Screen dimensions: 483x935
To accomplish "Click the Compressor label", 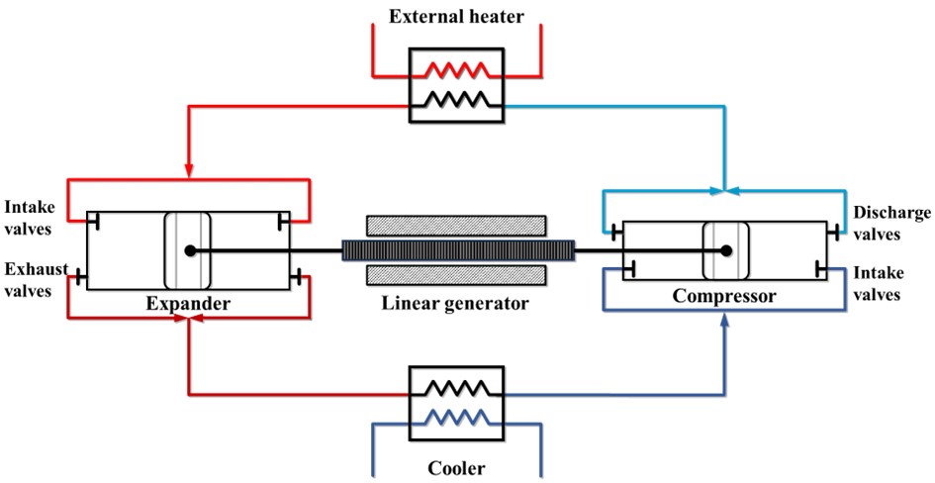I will (725, 296).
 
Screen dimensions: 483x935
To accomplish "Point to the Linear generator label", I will (455, 301).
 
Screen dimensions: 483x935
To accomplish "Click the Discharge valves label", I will (889, 223).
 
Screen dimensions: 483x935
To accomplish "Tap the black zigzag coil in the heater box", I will (455, 98).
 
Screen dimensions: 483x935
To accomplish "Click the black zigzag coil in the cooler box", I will (455, 386).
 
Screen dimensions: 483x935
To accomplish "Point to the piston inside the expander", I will (187, 250).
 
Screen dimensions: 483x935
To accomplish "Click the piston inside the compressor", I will (726, 250).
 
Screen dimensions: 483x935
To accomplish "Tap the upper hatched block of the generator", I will (455, 225).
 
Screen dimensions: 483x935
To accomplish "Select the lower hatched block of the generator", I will (455, 273).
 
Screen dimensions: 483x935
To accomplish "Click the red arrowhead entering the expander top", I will (187, 171).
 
